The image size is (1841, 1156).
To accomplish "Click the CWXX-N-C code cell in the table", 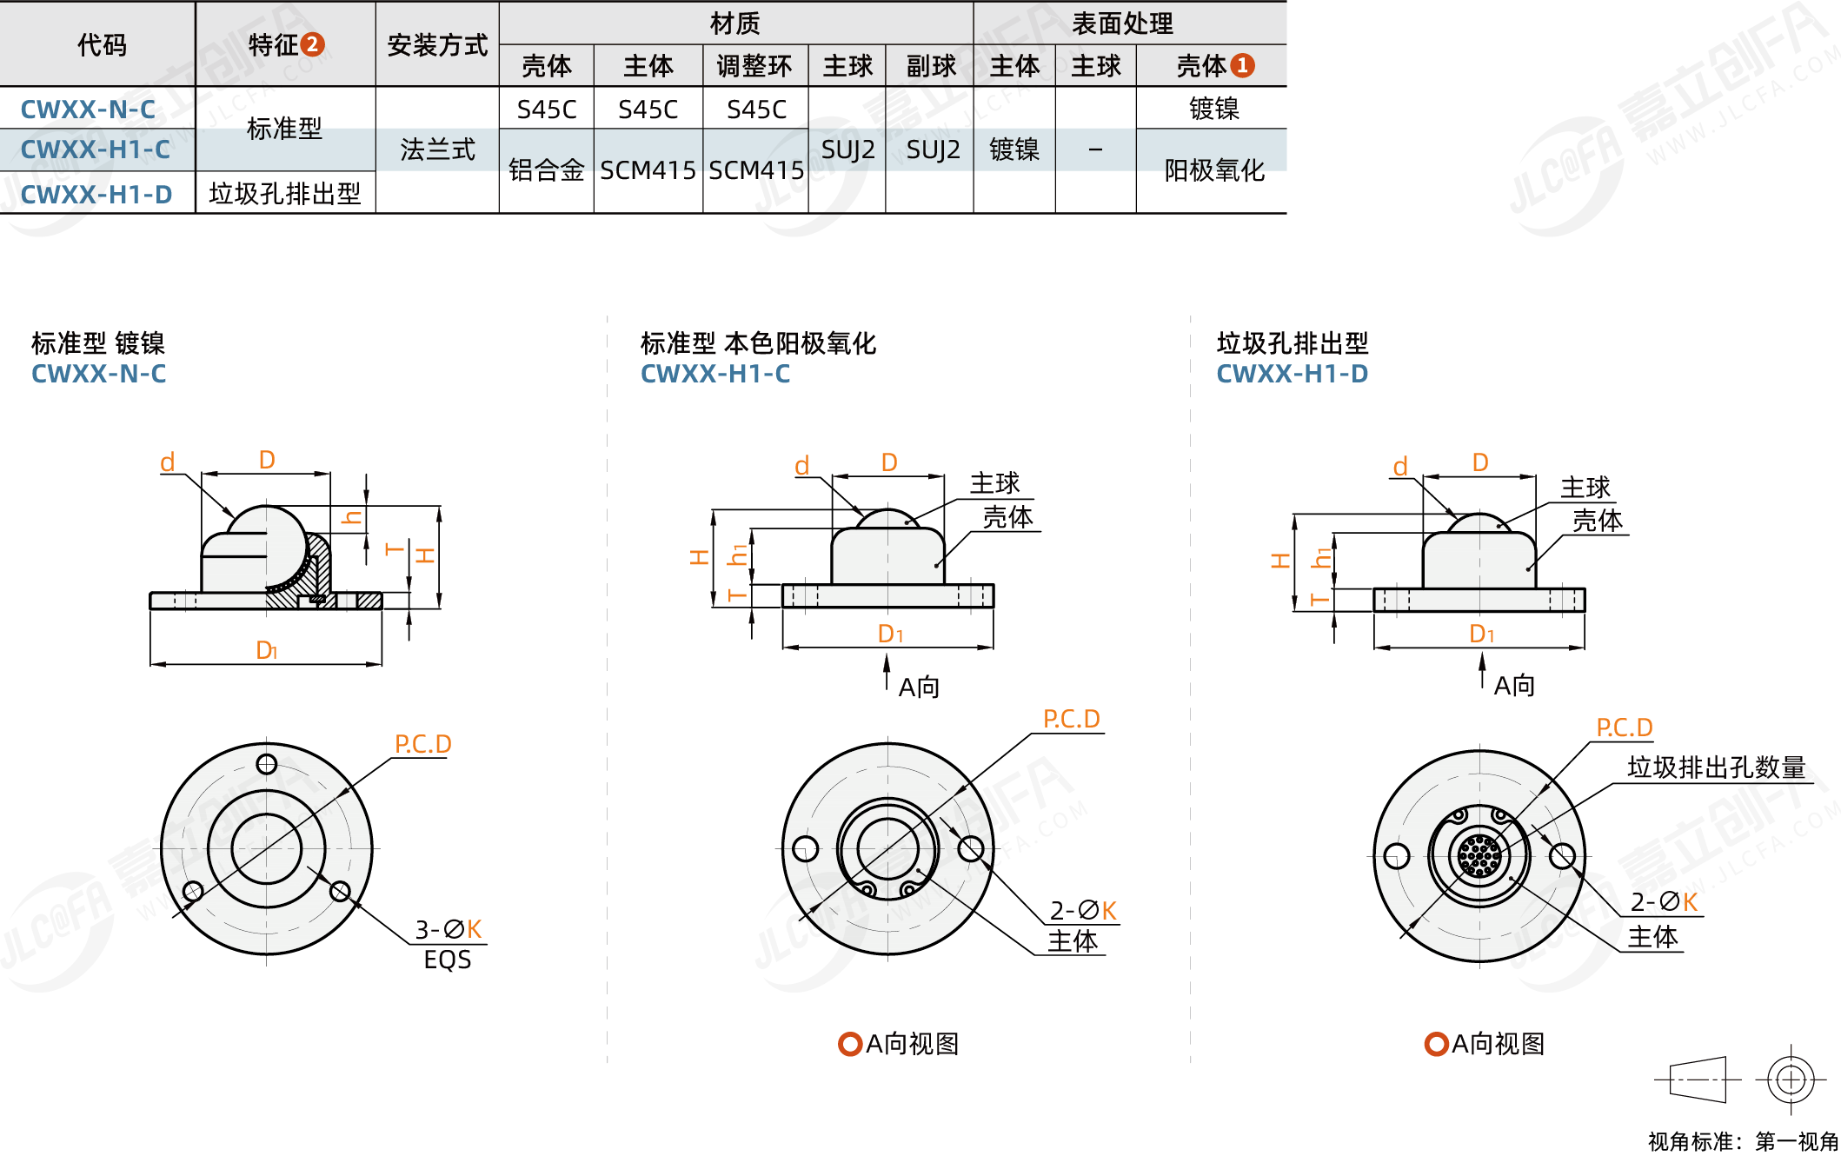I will [89, 110].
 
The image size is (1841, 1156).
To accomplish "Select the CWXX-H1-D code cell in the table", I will [96, 194].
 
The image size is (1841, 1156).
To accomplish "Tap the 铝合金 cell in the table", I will [546, 170].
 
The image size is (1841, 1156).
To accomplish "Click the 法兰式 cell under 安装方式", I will [437, 149].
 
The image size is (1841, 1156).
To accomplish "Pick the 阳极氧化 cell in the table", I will [1213, 170].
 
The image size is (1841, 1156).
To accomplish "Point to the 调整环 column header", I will [754, 66].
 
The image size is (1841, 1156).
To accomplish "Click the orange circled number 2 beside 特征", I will [312, 44].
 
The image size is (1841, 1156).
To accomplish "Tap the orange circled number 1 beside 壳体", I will [1243, 65].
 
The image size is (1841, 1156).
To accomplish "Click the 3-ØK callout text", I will [448, 929].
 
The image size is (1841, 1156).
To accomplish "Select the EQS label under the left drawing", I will [448, 960].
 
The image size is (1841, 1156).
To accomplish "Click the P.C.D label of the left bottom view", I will [423, 744].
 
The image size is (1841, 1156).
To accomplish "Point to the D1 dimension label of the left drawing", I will [266, 650].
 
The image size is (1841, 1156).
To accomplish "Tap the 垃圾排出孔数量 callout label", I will [1716, 767].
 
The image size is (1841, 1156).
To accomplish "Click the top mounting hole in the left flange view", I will [267, 764].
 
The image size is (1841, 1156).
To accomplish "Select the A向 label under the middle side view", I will [918, 688].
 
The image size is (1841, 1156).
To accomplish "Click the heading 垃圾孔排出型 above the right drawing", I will [1293, 343].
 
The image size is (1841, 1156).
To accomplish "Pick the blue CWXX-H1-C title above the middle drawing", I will [715, 374].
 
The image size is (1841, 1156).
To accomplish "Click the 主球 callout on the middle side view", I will [994, 483].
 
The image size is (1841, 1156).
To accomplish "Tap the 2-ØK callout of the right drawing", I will [1664, 902].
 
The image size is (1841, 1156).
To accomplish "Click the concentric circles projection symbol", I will [1791, 1080].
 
